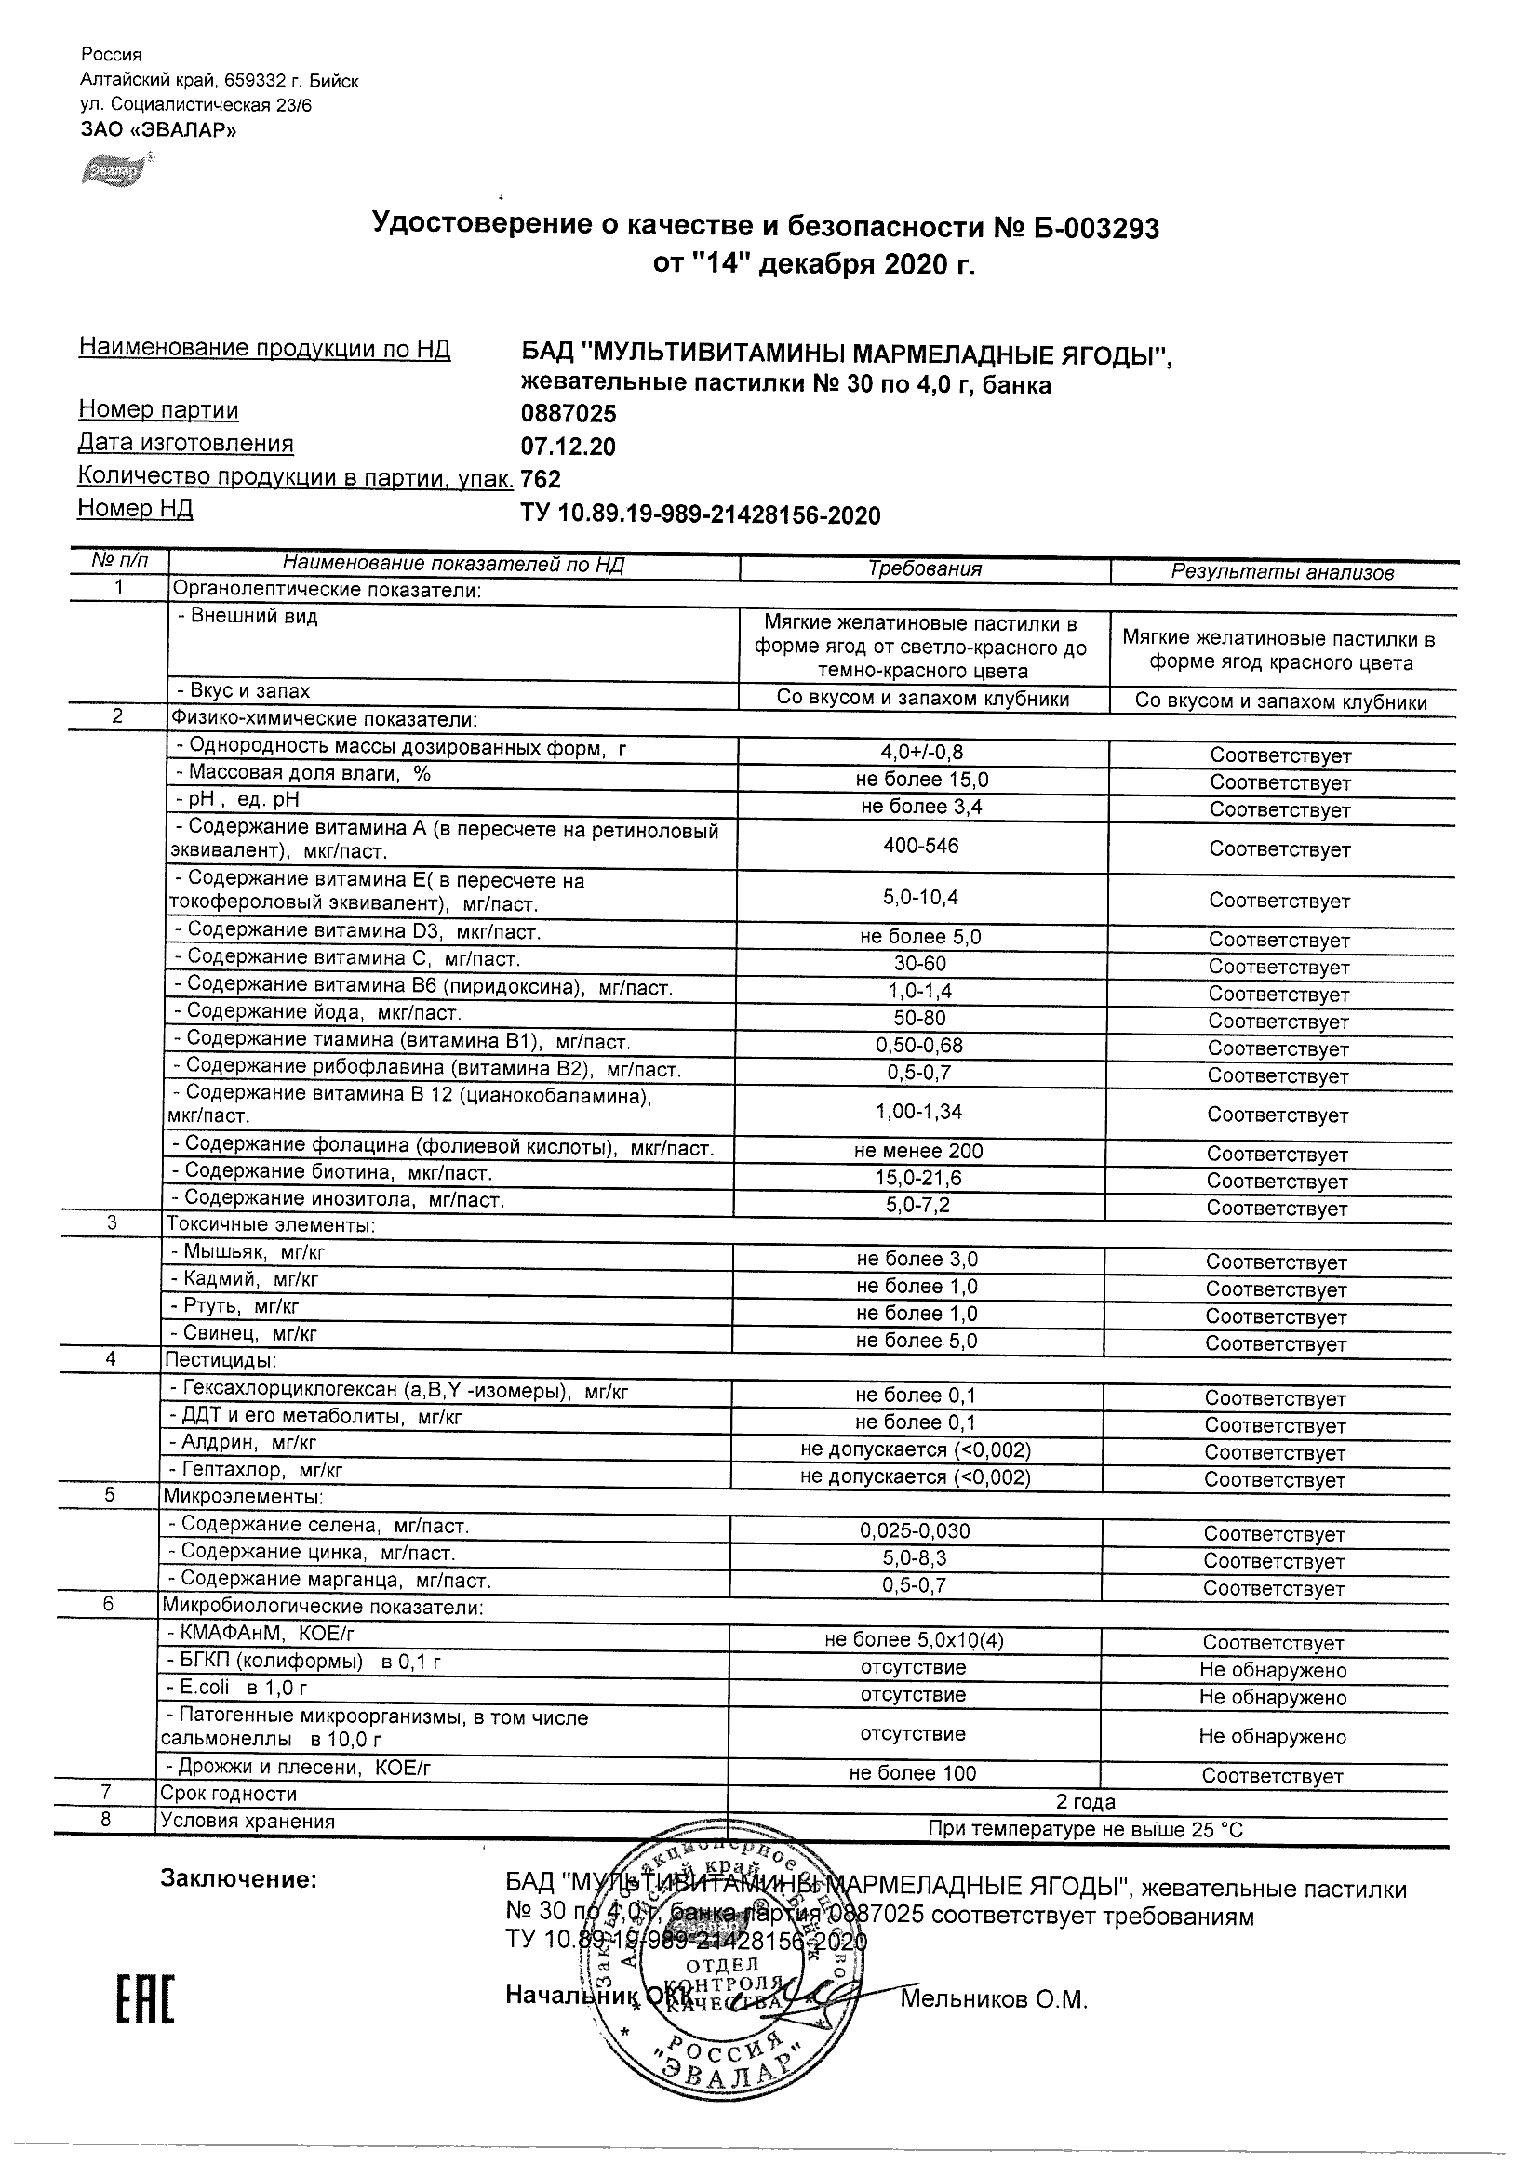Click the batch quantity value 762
pyautogui.click(x=542, y=479)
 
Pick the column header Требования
pyautogui.click(x=925, y=568)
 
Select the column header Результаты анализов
pyautogui.click(x=1282, y=572)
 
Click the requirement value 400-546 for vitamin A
pyautogui.click(x=921, y=845)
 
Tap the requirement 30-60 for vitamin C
pyautogui.click(x=921, y=963)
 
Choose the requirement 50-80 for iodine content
pyautogui.click(x=920, y=1019)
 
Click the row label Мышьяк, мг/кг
pyautogui.click(x=248, y=1251)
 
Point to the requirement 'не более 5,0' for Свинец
pyautogui.click(x=916, y=1341)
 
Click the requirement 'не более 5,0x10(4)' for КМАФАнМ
pyautogui.click(x=914, y=1639)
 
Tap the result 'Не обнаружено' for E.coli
pyautogui.click(x=1273, y=1697)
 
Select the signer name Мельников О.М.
pyautogui.click(x=993, y=1998)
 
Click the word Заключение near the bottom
pyautogui.click(x=238, y=1879)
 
